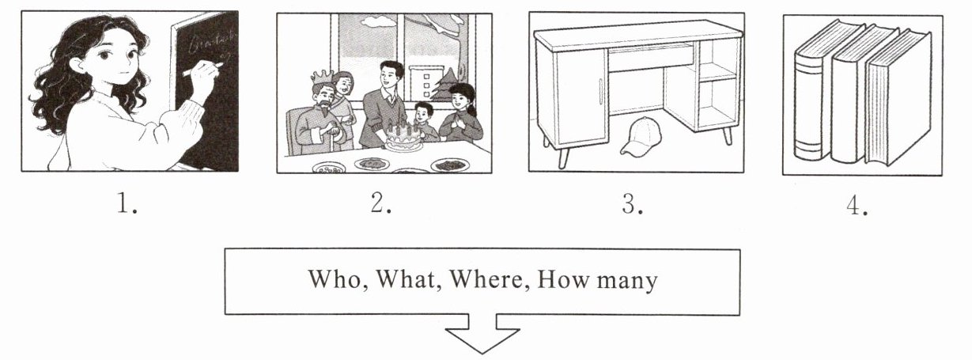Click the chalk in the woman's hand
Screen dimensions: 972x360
pyautogui.click(x=202, y=69)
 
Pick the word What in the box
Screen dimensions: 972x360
pyautogui.click(x=405, y=279)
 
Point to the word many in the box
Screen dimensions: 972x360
pyautogui.click(x=627, y=282)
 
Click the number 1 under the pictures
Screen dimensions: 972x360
pyautogui.click(x=127, y=203)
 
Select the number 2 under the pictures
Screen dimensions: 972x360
pyautogui.click(x=381, y=203)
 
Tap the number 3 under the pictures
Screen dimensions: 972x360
pyautogui.click(x=632, y=203)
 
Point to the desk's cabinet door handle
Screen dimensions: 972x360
pyautogui.click(x=601, y=91)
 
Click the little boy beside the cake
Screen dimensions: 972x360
pyautogui.click(x=425, y=122)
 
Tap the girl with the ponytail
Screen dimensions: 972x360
pyautogui.click(x=461, y=113)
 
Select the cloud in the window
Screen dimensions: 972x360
pyautogui.click(x=376, y=20)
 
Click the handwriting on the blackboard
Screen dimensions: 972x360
pyautogui.click(x=211, y=46)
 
